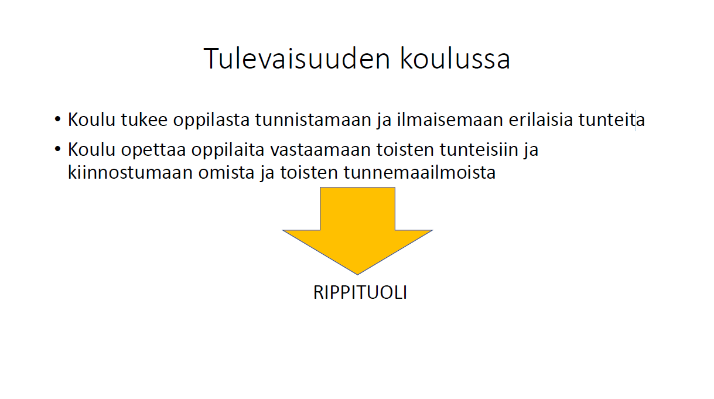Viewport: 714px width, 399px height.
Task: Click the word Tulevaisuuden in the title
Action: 297,59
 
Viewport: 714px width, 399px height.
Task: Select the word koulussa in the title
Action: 455,59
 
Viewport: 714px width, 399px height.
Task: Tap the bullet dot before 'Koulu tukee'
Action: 57,120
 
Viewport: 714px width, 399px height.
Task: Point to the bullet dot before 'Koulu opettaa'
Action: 57,149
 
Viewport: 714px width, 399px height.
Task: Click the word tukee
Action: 144,120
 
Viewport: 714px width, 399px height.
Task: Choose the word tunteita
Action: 611,120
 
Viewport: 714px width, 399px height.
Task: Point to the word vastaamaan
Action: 320,149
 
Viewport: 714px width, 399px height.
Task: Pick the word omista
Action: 226,173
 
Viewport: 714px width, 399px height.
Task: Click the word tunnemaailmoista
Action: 419,172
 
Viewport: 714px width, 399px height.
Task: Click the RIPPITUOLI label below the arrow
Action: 360,292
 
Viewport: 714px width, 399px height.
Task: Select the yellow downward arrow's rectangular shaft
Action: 357,209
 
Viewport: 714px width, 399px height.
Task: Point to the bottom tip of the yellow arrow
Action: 357,274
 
